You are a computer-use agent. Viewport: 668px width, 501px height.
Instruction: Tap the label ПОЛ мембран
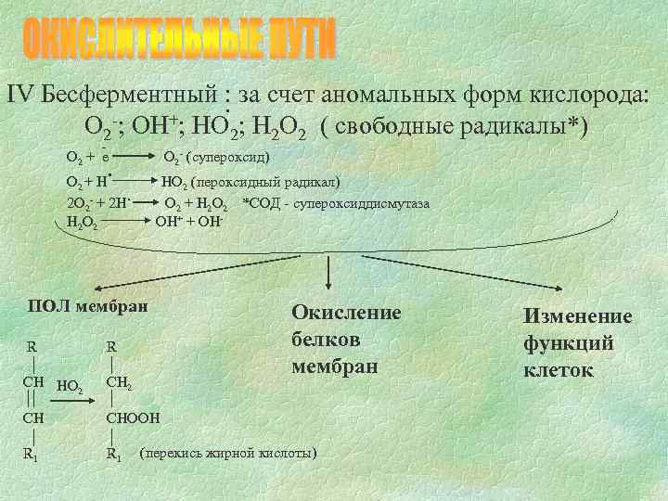88,305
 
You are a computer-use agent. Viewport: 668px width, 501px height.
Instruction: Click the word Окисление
346,313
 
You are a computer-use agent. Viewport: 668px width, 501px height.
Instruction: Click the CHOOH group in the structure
134,417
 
